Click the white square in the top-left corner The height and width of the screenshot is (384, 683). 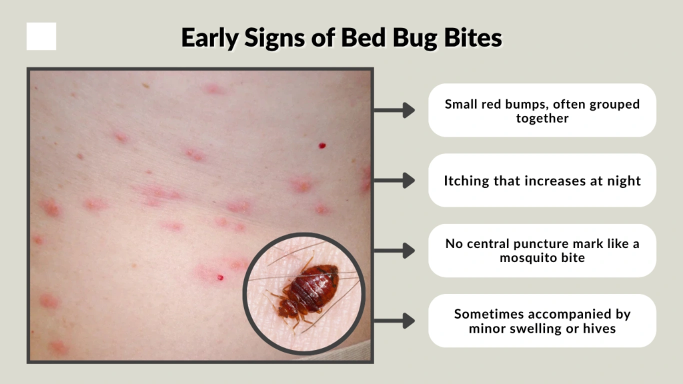(x=41, y=36)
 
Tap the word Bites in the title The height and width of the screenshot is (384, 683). (x=471, y=38)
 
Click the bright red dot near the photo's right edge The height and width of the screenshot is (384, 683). (x=322, y=145)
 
